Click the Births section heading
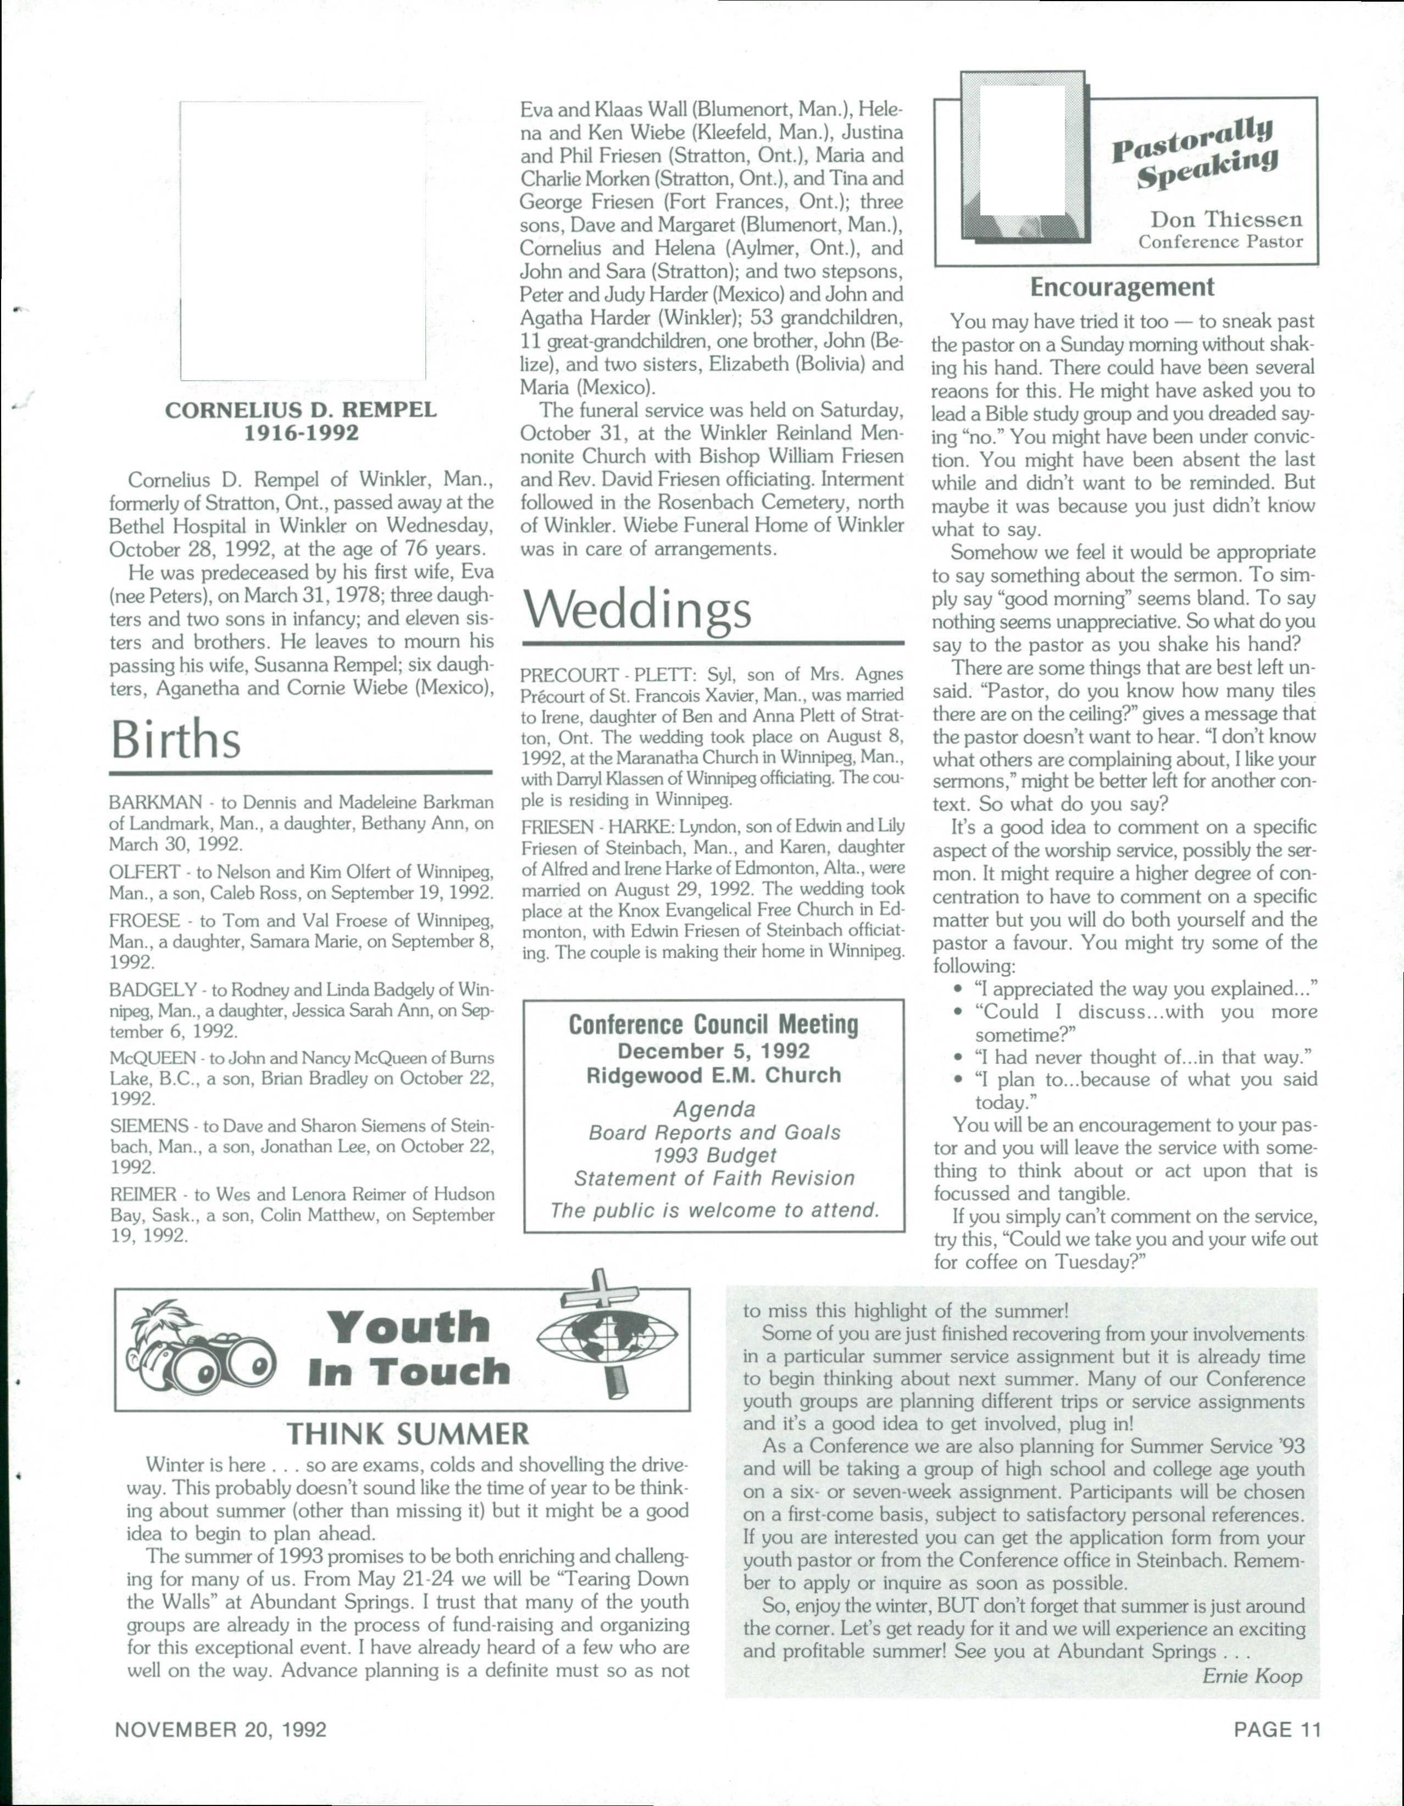tap(176, 740)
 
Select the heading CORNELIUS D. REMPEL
tap(301, 410)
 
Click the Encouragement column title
tap(1122, 287)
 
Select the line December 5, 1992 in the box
tap(714, 1051)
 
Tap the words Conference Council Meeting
tap(714, 1025)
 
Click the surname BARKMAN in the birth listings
tap(156, 802)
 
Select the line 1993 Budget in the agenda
tap(714, 1155)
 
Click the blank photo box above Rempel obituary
tap(303, 240)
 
